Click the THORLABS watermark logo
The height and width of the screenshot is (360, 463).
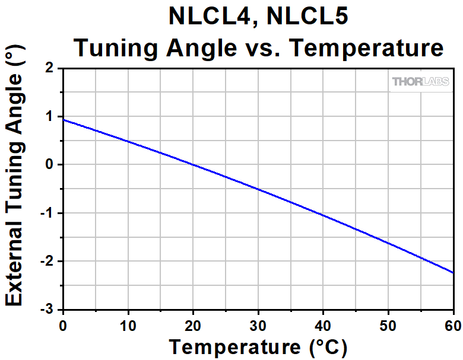coord(420,82)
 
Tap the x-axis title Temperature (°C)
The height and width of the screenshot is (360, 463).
coord(258,345)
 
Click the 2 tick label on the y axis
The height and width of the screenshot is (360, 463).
coord(50,68)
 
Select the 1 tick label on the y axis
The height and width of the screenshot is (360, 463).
coord(50,117)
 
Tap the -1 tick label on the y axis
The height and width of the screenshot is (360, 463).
coord(47,214)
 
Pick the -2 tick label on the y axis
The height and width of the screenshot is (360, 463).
coord(47,262)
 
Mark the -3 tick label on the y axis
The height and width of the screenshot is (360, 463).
coord(47,310)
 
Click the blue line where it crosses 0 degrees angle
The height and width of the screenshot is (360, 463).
coord(192,165)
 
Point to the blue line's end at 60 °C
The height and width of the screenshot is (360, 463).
coord(453,272)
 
